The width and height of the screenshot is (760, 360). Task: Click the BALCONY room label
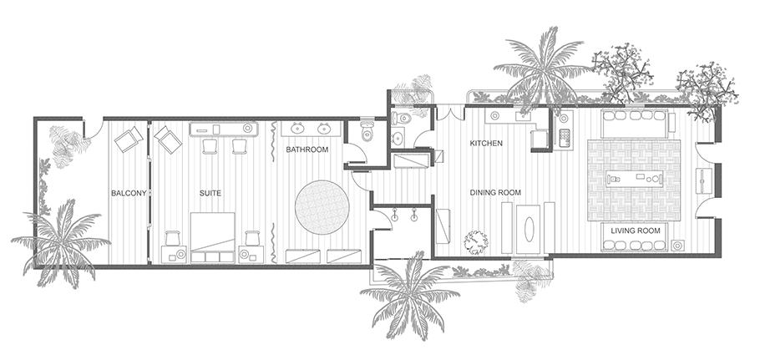[x=129, y=193]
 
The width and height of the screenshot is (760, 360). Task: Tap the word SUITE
[x=210, y=193]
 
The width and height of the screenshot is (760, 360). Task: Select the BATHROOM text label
[x=307, y=150]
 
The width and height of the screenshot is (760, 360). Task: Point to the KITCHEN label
[x=486, y=144]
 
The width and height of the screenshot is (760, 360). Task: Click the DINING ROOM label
[x=495, y=193]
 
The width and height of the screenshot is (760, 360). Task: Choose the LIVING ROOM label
[x=636, y=231]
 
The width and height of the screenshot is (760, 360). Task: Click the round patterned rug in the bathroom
[x=322, y=207]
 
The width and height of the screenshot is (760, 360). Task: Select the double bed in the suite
[x=212, y=237]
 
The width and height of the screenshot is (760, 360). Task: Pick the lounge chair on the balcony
[x=129, y=139]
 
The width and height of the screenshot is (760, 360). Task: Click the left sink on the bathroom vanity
[x=297, y=129]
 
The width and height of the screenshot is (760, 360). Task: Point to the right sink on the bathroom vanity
[x=324, y=129]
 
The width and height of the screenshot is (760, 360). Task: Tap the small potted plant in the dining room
[x=475, y=241]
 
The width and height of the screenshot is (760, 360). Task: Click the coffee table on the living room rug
[x=634, y=180]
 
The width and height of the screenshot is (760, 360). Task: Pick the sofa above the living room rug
[x=635, y=124]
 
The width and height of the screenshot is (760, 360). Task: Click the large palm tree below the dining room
[x=410, y=296]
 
